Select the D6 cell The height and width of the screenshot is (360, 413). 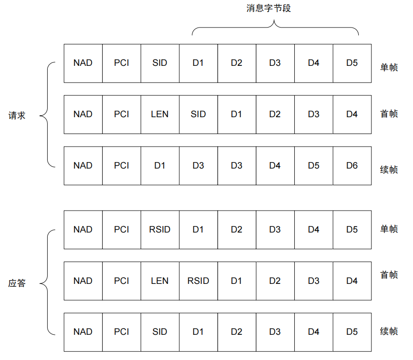(352, 165)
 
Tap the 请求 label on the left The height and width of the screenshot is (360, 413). (17, 115)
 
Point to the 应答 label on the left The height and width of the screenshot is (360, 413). (17, 283)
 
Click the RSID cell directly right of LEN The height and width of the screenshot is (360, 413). (198, 281)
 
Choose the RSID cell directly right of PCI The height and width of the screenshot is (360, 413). (160, 229)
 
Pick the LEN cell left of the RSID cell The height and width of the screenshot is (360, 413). (160, 281)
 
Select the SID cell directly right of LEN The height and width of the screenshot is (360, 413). (198, 114)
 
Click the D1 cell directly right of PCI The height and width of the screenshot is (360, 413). (160, 165)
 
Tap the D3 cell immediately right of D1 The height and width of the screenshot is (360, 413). (198, 165)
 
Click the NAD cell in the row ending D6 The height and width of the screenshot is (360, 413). (83, 165)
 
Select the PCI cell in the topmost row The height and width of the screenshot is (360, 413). (121, 63)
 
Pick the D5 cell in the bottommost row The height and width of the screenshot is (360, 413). (352, 332)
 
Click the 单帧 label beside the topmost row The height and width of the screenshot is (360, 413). (389, 68)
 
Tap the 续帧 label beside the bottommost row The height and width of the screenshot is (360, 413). (389, 332)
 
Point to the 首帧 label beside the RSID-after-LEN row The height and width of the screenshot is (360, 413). (389, 275)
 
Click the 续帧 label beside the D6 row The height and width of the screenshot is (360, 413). (389, 169)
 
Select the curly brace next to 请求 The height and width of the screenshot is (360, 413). (46, 114)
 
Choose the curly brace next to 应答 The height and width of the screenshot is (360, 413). (46, 282)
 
